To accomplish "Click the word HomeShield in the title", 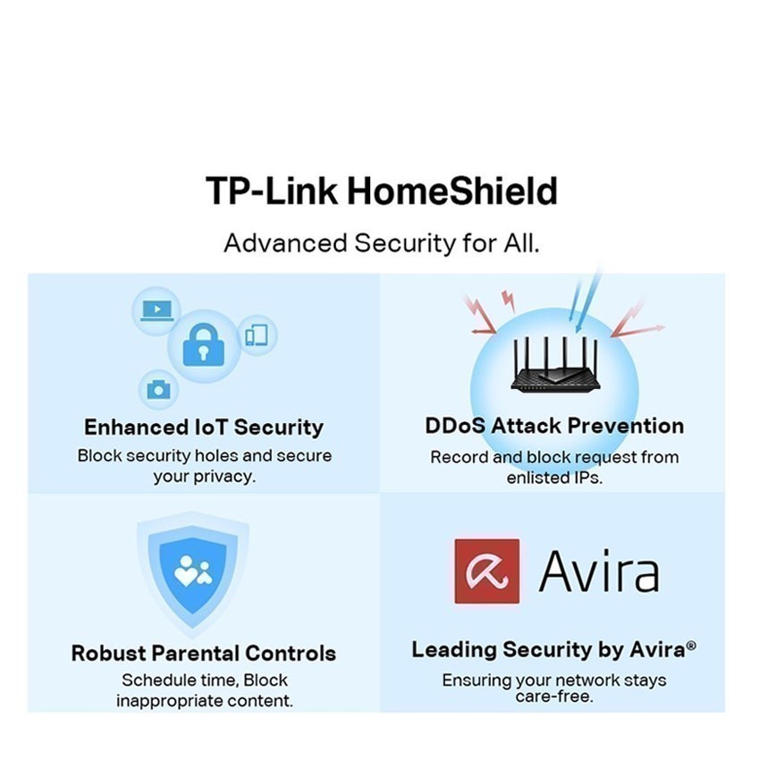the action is pyautogui.click(x=452, y=191).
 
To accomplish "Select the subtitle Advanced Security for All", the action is pyautogui.click(x=381, y=242).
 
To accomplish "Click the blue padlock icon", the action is pyautogui.click(x=203, y=345).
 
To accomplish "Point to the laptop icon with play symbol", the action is pyautogui.click(x=156, y=310).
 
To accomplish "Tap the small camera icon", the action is pyautogui.click(x=158, y=389).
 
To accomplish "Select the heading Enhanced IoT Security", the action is pyautogui.click(x=203, y=426).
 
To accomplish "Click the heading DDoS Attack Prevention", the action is pyautogui.click(x=554, y=426).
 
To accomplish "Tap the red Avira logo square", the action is pyautogui.click(x=487, y=570).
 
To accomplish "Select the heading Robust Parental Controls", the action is pyautogui.click(x=204, y=653).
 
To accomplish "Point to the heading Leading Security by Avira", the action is pyautogui.click(x=547, y=650).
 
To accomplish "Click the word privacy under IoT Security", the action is pyautogui.click(x=224, y=477).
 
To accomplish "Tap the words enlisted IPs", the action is pyautogui.click(x=554, y=477).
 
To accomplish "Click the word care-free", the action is pyautogui.click(x=554, y=697).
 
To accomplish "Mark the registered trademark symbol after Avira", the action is pyautogui.click(x=689, y=646).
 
